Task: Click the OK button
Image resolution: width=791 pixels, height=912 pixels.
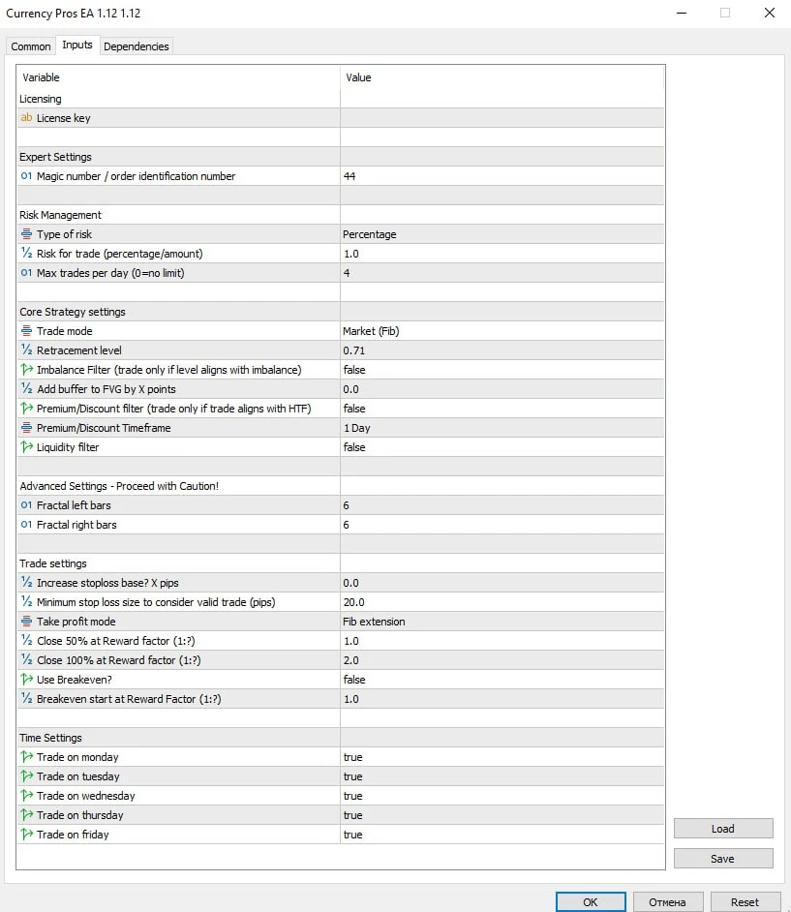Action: tap(591, 901)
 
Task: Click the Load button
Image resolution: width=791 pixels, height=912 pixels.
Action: tap(722, 829)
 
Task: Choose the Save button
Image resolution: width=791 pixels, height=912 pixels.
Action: tap(722, 859)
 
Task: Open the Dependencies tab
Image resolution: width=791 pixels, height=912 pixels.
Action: tap(136, 46)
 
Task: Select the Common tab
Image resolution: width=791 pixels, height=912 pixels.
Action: tap(31, 46)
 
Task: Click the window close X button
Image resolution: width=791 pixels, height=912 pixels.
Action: tap(769, 14)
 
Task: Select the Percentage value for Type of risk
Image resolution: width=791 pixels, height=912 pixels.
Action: tap(369, 234)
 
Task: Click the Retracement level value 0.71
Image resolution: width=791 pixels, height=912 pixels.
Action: tap(353, 350)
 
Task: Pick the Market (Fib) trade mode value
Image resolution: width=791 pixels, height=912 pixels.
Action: tap(371, 331)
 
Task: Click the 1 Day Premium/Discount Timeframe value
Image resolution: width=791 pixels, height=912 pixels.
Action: tap(356, 428)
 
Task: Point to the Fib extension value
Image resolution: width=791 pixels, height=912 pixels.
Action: tap(374, 622)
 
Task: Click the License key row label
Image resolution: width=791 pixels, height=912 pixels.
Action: tap(64, 118)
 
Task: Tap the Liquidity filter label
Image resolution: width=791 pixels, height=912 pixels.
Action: tap(68, 447)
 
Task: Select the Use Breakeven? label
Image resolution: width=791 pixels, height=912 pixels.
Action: tap(75, 680)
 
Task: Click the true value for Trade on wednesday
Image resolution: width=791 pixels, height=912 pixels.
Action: tap(352, 796)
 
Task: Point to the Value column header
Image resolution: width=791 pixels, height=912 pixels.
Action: tap(358, 77)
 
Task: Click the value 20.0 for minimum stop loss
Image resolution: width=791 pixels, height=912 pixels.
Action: tap(353, 602)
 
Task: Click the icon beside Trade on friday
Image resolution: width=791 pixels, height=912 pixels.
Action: tap(26, 835)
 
